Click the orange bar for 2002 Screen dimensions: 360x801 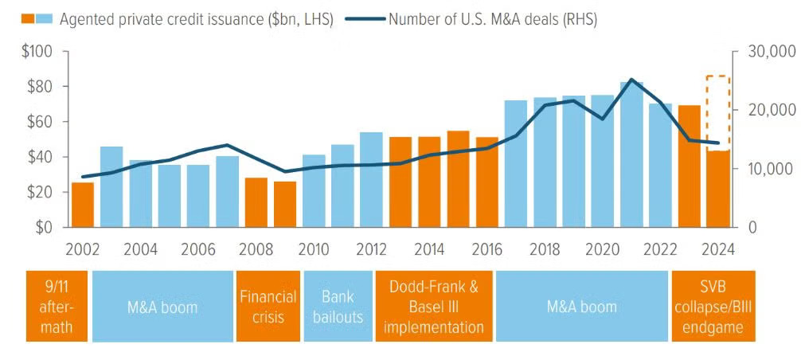tap(83, 205)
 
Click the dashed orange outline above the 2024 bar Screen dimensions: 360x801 tap(718, 112)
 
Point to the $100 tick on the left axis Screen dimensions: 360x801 tap(36, 52)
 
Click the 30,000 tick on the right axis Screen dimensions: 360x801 tap(772, 52)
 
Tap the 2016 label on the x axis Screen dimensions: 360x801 tap(486, 248)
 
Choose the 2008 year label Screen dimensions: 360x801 tap(256, 248)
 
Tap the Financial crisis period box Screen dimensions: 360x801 tap(268, 307)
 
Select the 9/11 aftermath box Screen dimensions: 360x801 tap(56, 307)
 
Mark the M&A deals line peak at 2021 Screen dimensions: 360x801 tap(631, 80)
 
